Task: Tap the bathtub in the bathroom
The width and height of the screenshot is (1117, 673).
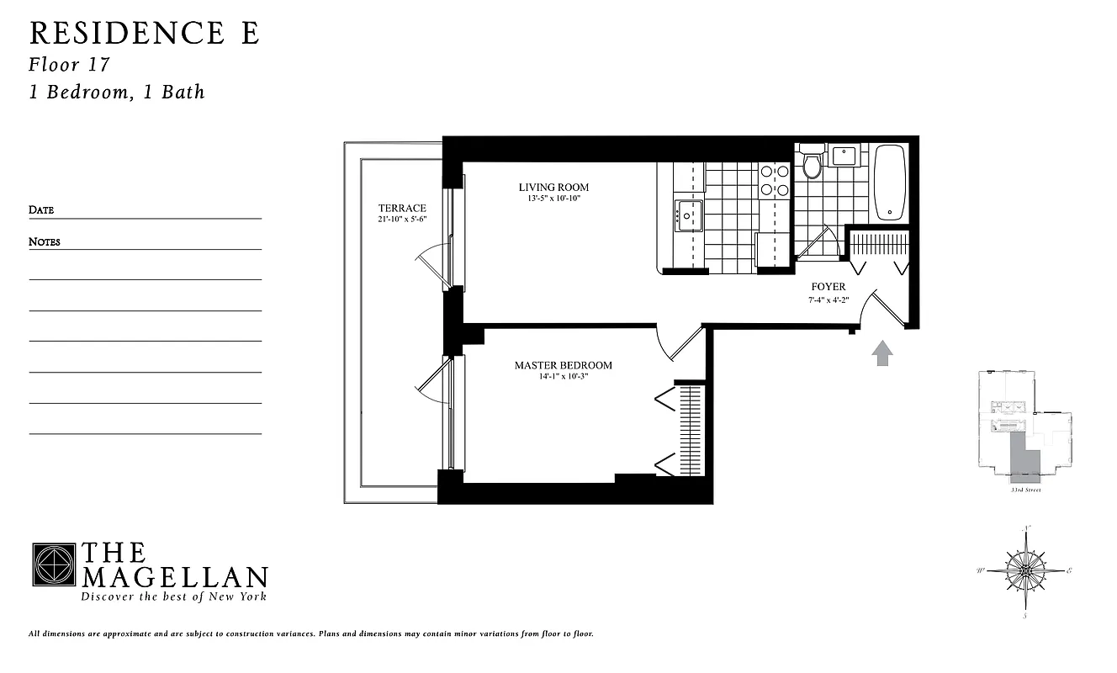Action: pos(889,182)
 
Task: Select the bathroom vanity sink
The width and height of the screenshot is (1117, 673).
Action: pos(843,156)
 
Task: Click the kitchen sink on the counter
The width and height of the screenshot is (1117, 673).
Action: pos(689,215)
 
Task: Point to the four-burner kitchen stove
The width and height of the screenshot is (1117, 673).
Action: pos(775,180)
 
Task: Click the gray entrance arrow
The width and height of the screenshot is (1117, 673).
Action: pos(881,353)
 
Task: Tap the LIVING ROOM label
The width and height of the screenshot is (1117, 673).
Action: pos(553,188)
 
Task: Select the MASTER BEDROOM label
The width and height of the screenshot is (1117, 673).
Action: pos(564,365)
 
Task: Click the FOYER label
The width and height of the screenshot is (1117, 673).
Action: pos(828,287)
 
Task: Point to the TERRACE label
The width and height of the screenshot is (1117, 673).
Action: pos(402,209)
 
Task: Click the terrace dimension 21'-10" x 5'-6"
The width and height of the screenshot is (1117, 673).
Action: pos(402,220)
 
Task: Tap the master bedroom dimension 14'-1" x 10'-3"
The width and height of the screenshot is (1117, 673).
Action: pos(564,376)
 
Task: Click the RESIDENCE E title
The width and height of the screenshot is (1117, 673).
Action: pos(145,33)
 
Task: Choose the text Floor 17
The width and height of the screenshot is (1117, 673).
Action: pos(69,65)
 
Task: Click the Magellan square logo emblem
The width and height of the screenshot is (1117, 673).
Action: pos(54,564)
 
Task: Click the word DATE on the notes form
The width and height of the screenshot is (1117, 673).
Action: pos(41,210)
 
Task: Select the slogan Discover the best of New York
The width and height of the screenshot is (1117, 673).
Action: pos(173,596)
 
